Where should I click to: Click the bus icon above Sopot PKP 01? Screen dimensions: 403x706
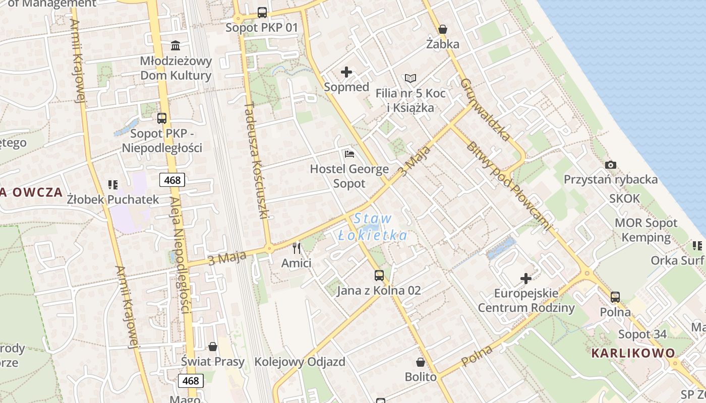(262, 13)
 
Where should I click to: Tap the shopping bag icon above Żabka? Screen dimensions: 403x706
(443, 30)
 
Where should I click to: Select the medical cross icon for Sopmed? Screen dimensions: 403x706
(346, 72)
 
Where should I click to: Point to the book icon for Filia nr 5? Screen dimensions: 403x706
(410, 79)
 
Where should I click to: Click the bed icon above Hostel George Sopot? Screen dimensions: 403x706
(349, 154)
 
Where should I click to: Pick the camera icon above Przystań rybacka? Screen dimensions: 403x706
(611, 165)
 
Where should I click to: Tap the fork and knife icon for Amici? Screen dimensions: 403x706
(297, 248)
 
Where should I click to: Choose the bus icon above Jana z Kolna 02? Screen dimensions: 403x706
(379, 276)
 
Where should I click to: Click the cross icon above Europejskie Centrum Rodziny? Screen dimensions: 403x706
(526, 278)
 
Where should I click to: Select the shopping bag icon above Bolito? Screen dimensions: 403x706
(421, 362)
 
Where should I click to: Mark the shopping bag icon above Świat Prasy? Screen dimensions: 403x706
(213, 347)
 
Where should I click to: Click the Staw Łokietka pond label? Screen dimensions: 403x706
(373, 227)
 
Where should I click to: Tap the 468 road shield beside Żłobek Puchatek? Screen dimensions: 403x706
(172, 179)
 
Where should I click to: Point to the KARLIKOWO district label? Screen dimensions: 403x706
(633, 353)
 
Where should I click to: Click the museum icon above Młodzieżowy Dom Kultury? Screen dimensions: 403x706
(175, 46)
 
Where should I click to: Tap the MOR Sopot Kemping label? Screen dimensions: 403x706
(646, 230)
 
